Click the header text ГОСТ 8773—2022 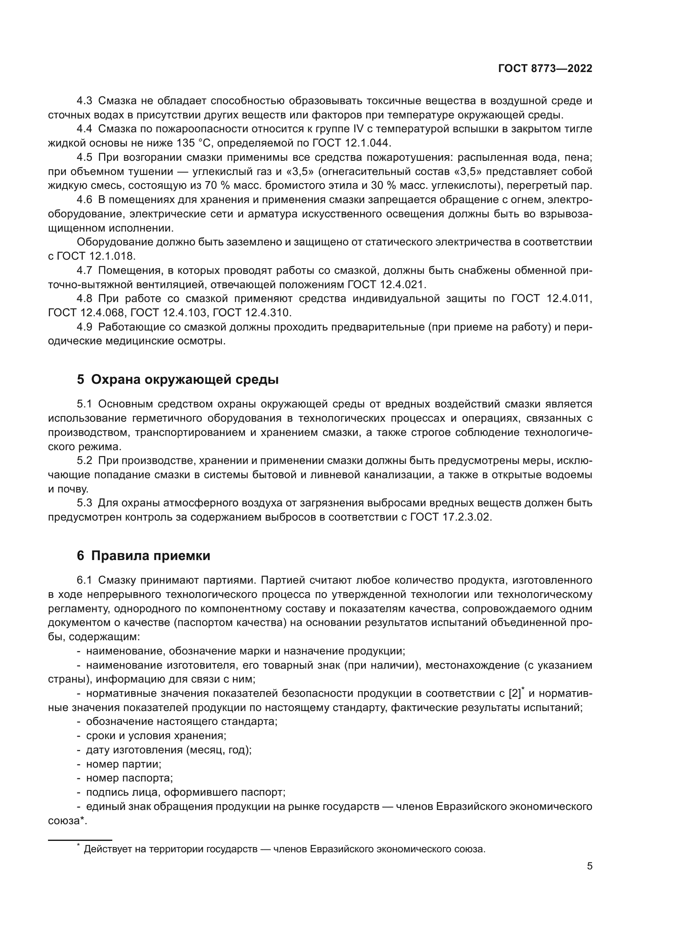545,69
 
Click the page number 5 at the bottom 590,866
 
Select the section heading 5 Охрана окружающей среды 177,379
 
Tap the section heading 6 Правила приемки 143,556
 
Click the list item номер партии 124,764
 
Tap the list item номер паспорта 129,778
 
